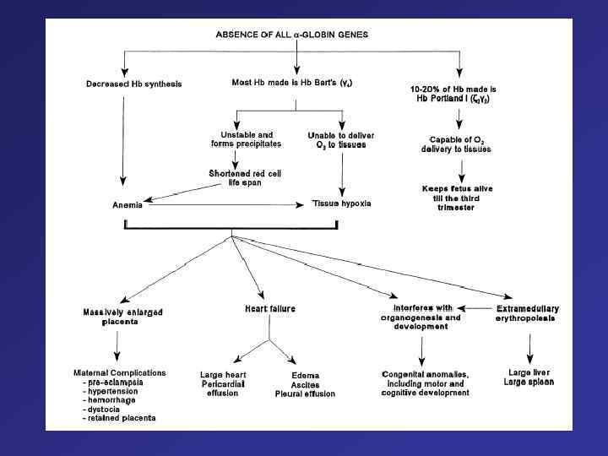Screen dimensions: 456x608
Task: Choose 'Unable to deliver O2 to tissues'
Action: [x=341, y=138]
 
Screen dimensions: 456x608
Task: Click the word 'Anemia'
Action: [x=128, y=204]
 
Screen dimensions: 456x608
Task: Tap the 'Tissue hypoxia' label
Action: [x=342, y=204]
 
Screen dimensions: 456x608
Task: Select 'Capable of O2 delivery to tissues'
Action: [x=457, y=144]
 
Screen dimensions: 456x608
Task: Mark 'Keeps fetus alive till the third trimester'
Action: [x=458, y=193]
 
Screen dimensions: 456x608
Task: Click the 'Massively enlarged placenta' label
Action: [x=122, y=317]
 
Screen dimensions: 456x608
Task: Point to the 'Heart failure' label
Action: [x=270, y=309]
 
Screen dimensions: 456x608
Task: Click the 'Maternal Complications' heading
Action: [x=120, y=372]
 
